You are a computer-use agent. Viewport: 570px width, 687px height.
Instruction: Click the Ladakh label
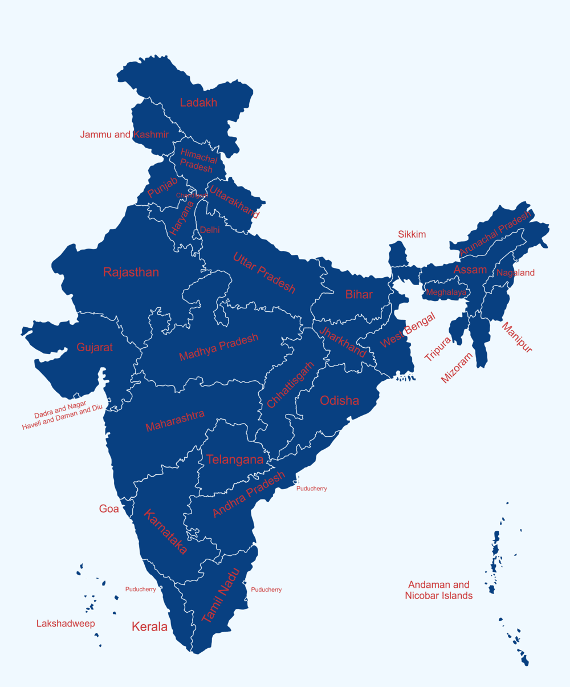[198, 103]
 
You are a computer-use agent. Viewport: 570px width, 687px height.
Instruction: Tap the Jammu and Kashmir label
[124, 135]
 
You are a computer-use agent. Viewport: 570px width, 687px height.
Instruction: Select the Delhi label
[209, 230]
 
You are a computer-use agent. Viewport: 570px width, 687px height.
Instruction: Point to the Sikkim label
[412, 234]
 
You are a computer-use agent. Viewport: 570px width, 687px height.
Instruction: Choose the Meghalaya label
[446, 292]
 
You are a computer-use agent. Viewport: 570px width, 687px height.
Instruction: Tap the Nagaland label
[515, 273]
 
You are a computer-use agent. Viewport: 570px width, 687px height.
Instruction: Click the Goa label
[109, 509]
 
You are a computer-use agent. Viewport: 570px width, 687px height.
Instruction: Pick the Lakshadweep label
[66, 623]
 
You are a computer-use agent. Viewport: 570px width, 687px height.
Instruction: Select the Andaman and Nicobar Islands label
[438, 590]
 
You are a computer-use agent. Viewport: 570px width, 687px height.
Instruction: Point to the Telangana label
[235, 460]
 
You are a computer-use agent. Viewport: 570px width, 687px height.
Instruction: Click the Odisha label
[340, 400]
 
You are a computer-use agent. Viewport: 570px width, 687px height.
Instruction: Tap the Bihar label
[359, 294]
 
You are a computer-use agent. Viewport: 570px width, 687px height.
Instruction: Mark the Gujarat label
[95, 347]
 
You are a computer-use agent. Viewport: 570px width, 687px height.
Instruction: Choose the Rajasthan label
[131, 272]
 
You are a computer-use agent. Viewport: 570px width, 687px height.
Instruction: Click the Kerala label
[149, 627]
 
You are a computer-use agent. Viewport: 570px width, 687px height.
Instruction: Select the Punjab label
[162, 188]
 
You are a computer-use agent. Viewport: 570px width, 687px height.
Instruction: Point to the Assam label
[470, 269]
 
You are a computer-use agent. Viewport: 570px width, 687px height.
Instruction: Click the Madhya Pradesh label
[218, 347]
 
